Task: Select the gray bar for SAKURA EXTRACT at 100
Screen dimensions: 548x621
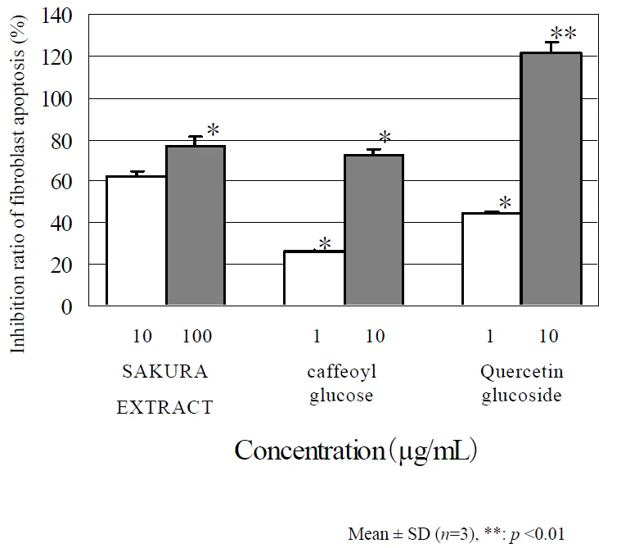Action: [196, 226]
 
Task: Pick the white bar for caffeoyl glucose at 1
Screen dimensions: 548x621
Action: [314, 279]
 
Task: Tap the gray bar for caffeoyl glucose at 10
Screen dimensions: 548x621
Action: [373, 230]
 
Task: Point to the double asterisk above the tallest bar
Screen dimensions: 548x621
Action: [564, 34]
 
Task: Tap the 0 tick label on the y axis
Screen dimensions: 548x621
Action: [68, 306]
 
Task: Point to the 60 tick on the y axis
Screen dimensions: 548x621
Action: [62, 182]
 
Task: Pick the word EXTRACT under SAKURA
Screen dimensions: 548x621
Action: [164, 407]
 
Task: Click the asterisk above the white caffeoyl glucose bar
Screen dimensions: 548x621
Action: [324, 243]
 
